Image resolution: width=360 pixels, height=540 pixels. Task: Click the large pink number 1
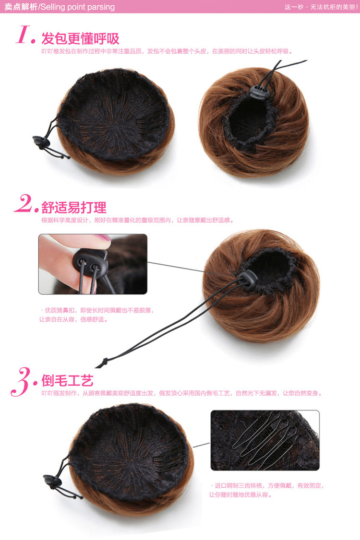25,35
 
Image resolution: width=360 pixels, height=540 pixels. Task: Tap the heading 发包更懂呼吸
80,38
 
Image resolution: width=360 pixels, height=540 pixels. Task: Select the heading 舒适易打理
74,207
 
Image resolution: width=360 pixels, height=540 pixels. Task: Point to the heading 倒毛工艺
67,381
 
